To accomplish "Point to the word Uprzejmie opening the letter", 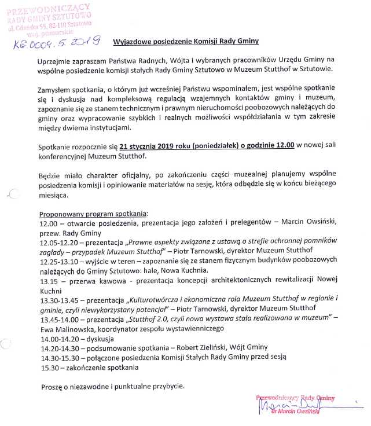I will [54, 60].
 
